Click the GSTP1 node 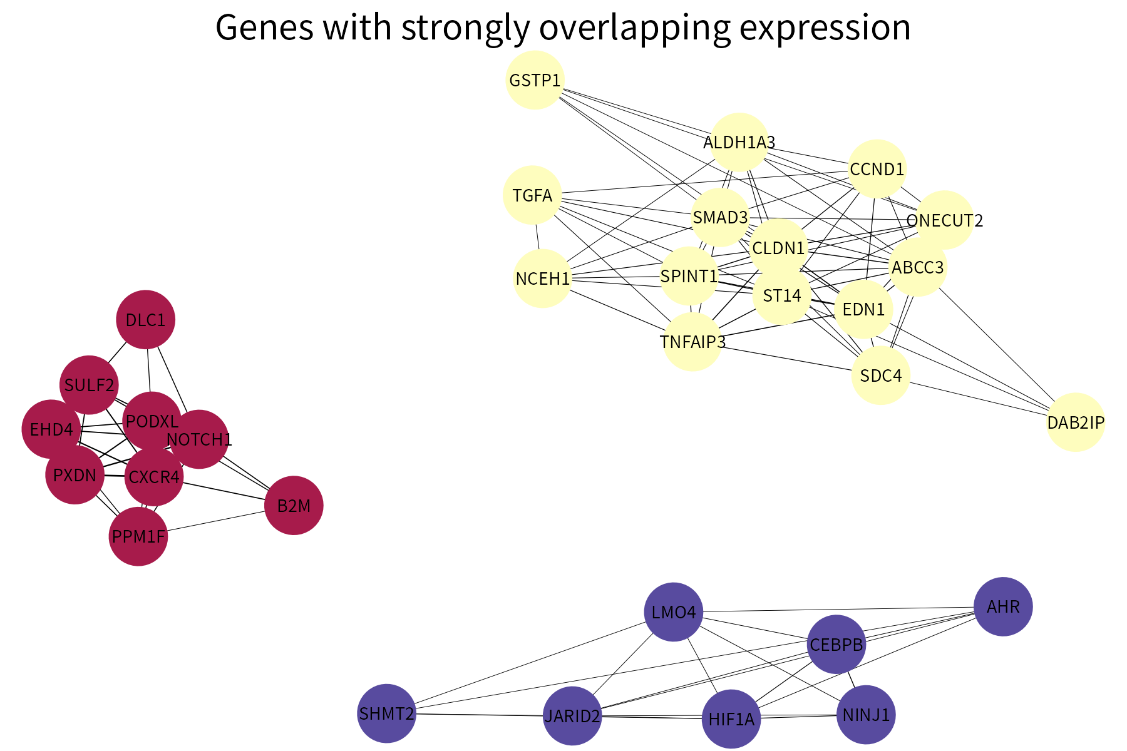click(x=535, y=80)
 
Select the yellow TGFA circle click(x=532, y=195)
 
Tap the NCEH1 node click(x=542, y=278)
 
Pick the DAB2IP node click(x=1076, y=422)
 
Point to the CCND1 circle click(x=877, y=169)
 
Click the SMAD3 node click(x=720, y=217)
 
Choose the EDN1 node click(x=863, y=309)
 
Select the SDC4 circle click(x=881, y=375)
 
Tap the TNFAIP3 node click(x=692, y=342)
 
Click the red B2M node click(x=294, y=506)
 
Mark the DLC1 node click(x=145, y=320)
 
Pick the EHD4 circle click(x=51, y=429)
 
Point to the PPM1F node click(x=138, y=536)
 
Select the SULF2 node click(x=89, y=385)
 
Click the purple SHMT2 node click(x=386, y=713)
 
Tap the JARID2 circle click(x=572, y=716)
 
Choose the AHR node click(x=1003, y=606)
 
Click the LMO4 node click(x=674, y=612)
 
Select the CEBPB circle click(x=836, y=644)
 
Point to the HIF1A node click(x=731, y=719)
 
